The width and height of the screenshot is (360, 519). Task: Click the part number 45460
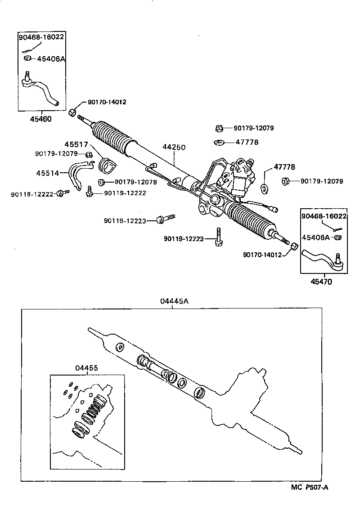(x=40, y=119)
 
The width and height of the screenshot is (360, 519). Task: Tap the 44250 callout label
(x=174, y=148)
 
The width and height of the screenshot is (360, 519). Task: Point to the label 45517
(x=75, y=145)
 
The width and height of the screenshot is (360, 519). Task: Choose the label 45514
(x=47, y=173)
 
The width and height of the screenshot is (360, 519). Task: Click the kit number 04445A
(x=174, y=301)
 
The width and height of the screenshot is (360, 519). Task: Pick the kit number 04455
(x=86, y=367)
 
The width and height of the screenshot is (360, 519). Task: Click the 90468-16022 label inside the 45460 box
(x=41, y=38)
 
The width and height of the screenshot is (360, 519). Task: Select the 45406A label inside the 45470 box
(x=315, y=237)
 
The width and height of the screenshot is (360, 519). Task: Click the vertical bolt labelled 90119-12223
(x=218, y=236)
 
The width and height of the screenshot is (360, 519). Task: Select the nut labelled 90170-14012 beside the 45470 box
(x=293, y=246)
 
